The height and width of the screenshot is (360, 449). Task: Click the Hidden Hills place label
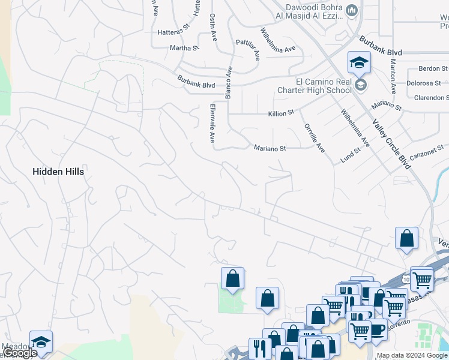(58, 172)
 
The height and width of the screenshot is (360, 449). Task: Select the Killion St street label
(280, 112)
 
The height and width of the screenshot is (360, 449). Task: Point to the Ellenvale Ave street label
(212, 122)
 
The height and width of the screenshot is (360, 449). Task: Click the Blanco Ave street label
(228, 82)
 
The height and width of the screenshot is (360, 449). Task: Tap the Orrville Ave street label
(314, 138)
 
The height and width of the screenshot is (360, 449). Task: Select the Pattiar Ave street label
(248, 50)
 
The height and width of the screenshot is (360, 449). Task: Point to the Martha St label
(184, 47)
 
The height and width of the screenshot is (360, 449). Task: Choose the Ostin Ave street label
(213, 27)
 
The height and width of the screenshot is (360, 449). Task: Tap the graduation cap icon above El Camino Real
(359, 62)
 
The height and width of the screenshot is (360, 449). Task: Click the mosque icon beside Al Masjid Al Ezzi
(352, 10)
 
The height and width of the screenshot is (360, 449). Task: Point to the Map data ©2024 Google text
(412, 356)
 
